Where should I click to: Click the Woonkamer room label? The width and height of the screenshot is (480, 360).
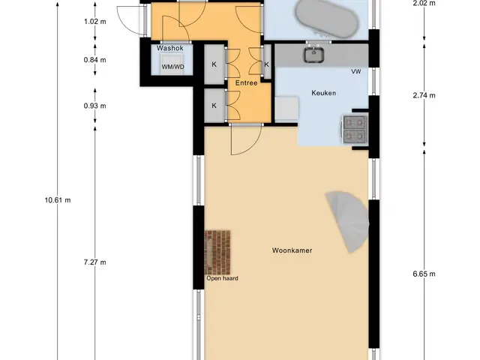click(x=292, y=250)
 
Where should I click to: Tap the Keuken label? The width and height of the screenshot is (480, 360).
click(x=323, y=93)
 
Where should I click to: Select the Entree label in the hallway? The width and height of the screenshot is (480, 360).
click(x=246, y=83)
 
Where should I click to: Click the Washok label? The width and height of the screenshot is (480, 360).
click(x=170, y=48)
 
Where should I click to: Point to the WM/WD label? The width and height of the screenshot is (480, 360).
click(x=173, y=67)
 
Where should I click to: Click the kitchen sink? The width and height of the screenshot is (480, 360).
click(x=314, y=54)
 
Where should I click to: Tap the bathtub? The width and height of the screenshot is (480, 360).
click(x=327, y=18)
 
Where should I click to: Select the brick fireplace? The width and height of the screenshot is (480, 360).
click(x=217, y=253)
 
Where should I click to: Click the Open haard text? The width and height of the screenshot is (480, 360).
click(x=222, y=278)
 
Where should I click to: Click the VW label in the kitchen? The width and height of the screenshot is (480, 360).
click(x=356, y=72)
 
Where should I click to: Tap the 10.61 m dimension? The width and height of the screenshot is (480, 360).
click(x=58, y=200)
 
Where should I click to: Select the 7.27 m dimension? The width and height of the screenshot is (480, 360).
click(x=95, y=262)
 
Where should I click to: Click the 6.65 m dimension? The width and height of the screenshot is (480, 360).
click(x=424, y=274)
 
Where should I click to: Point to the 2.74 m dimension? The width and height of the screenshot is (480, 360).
click(x=424, y=95)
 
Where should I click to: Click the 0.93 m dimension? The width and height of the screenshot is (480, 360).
click(x=95, y=106)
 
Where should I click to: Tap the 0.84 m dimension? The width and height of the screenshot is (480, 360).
click(x=95, y=60)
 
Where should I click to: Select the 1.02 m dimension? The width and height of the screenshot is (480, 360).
click(x=95, y=22)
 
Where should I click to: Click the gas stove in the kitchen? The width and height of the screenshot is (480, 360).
click(x=354, y=130)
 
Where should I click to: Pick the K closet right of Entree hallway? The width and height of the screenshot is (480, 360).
click(x=267, y=64)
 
